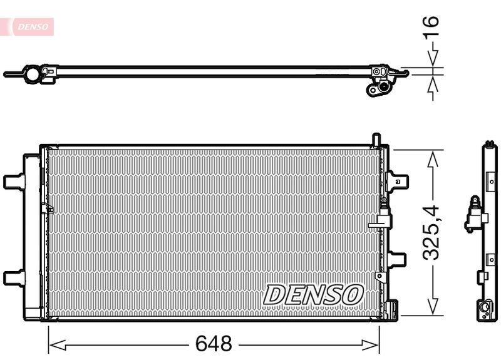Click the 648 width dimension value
(214, 344)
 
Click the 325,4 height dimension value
(431, 232)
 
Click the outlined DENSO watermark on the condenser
(313, 294)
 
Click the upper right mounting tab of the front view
(398, 180)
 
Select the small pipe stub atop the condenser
(375, 139)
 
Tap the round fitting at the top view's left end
(32, 75)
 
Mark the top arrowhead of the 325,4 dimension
(431, 156)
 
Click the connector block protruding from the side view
(475, 217)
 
